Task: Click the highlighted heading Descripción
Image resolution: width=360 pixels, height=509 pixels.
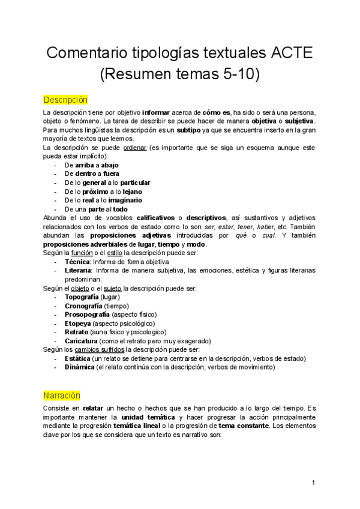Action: pos(65,99)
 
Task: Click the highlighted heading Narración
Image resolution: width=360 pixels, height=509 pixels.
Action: pos(62,396)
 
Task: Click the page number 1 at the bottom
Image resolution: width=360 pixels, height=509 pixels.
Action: pos(314,483)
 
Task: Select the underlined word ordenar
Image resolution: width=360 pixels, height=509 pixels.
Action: pos(135,148)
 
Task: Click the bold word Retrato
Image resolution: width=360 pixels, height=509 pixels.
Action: pos(76,331)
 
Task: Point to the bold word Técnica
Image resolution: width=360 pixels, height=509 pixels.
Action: pos(77,262)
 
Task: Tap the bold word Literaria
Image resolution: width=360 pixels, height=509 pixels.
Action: pos(79,271)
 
